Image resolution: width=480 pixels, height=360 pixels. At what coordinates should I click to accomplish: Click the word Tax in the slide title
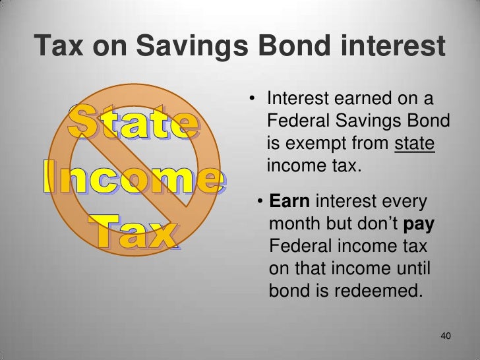click(60, 47)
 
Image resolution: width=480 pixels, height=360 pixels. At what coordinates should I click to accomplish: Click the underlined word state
click(415, 143)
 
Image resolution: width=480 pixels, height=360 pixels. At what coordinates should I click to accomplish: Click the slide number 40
click(445, 337)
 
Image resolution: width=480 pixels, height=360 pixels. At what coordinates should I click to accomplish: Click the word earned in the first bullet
click(353, 100)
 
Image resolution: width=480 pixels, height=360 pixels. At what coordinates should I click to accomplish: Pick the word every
click(405, 202)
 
